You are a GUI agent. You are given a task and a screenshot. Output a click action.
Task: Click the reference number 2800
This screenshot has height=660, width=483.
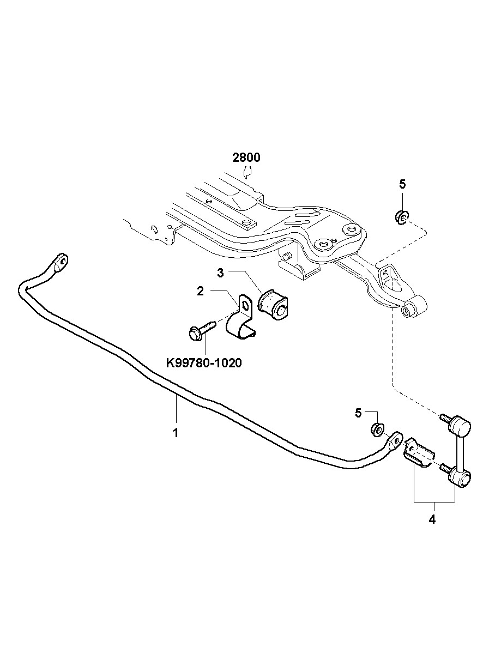coord(246,158)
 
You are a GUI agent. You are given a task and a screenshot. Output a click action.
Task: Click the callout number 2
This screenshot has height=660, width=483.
coord(200,292)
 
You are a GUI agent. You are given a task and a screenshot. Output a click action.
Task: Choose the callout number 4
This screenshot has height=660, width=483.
coord(432,519)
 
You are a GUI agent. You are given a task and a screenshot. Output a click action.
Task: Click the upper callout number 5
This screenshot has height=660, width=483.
coord(402,184)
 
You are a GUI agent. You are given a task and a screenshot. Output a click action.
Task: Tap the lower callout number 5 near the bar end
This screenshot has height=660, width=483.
coord(358,413)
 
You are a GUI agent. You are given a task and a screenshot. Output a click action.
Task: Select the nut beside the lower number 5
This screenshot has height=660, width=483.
coord(376,429)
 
